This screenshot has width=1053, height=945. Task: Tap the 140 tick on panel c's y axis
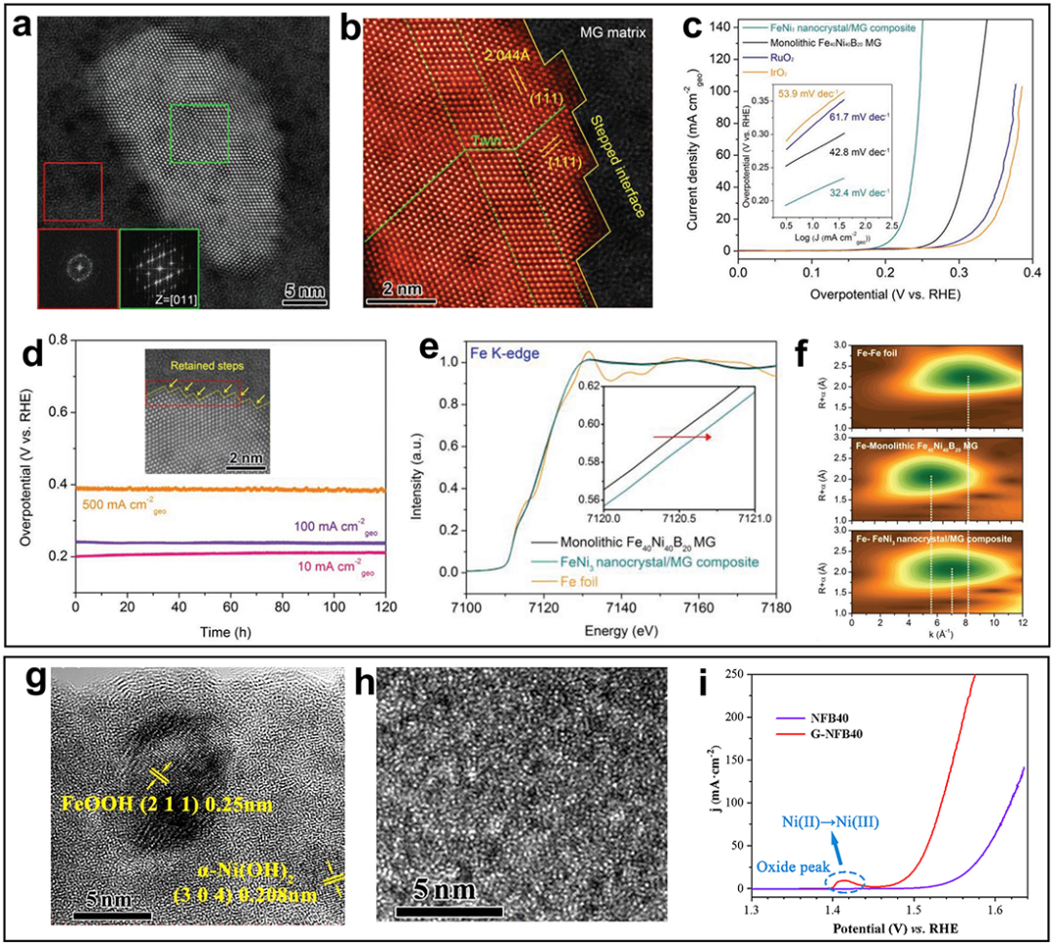click(720, 26)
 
